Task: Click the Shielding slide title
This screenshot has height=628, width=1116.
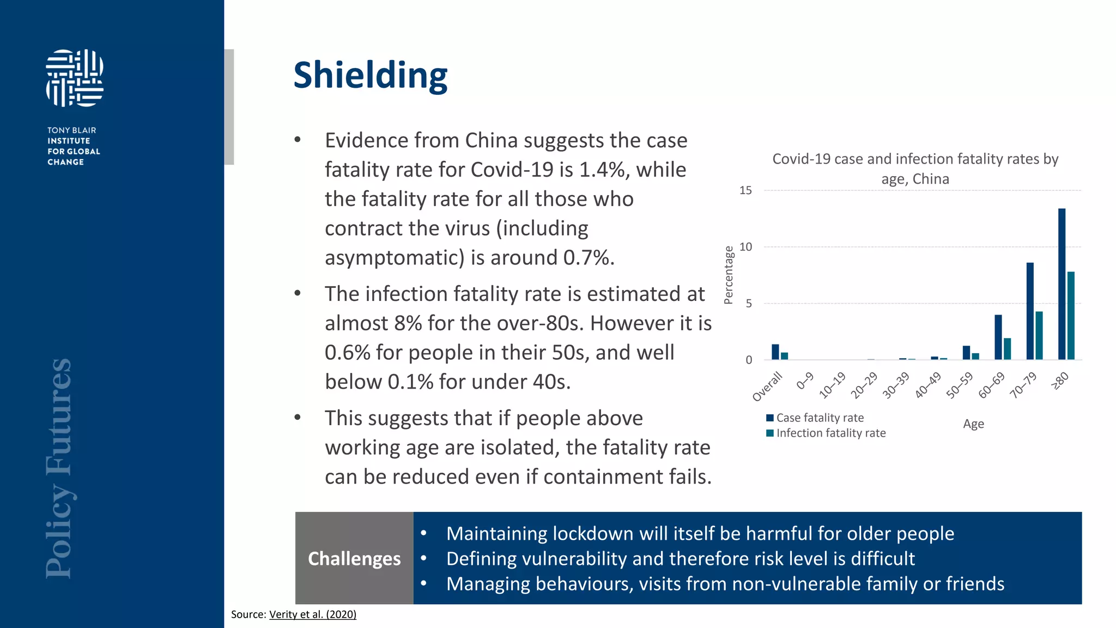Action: point(370,75)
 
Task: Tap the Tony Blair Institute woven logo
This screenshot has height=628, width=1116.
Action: point(75,78)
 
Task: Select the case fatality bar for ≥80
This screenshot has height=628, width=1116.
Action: point(1062,283)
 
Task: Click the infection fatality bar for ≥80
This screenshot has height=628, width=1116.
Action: point(1071,315)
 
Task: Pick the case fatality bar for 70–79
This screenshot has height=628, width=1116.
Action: point(1030,311)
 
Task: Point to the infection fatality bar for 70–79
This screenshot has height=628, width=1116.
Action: point(1039,335)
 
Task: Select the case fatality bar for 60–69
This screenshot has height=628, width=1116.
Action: point(998,337)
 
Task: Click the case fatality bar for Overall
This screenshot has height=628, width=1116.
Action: point(775,352)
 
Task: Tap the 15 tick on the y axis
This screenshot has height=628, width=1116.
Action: point(745,190)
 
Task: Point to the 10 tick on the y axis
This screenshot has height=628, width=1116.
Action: point(745,247)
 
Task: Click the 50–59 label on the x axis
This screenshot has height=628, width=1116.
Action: point(960,385)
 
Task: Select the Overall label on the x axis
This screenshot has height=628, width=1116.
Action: point(767,387)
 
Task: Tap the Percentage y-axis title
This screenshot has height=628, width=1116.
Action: point(729,275)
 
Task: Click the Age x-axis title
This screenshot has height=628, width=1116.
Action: point(973,424)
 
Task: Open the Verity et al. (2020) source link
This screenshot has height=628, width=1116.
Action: point(313,614)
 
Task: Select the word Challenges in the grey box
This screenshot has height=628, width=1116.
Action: point(354,559)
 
